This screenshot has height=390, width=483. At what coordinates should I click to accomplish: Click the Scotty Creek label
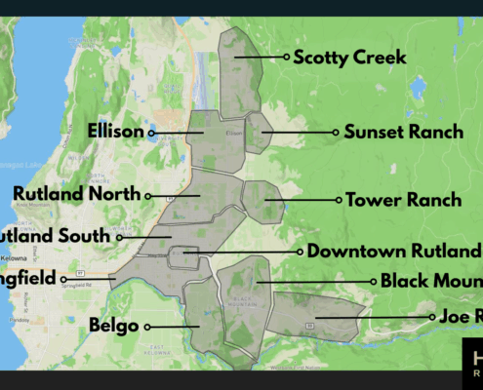(x=349, y=58)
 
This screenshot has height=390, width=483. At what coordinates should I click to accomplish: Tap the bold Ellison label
(x=114, y=131)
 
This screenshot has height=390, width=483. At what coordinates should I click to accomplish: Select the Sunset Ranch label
(x=404, y=132)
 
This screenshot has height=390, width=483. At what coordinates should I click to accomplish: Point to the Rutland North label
(x=77, y=194)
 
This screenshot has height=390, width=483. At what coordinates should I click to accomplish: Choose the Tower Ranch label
(x=403, y=200)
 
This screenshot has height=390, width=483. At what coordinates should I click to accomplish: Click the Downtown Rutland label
(x=394, y=251)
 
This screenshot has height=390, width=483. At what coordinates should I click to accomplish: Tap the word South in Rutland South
(x=83, y=235)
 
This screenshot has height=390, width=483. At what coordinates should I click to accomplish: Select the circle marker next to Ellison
(x=151, y=132)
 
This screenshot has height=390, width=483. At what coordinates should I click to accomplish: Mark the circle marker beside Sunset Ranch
(x=336, y=132)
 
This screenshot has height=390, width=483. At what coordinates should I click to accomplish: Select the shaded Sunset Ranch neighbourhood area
(x=258, y=133)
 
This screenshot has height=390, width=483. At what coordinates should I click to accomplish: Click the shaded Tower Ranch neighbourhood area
(x=262, y=201)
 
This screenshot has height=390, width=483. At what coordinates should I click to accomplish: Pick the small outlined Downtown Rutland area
(x=183, y=256)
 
